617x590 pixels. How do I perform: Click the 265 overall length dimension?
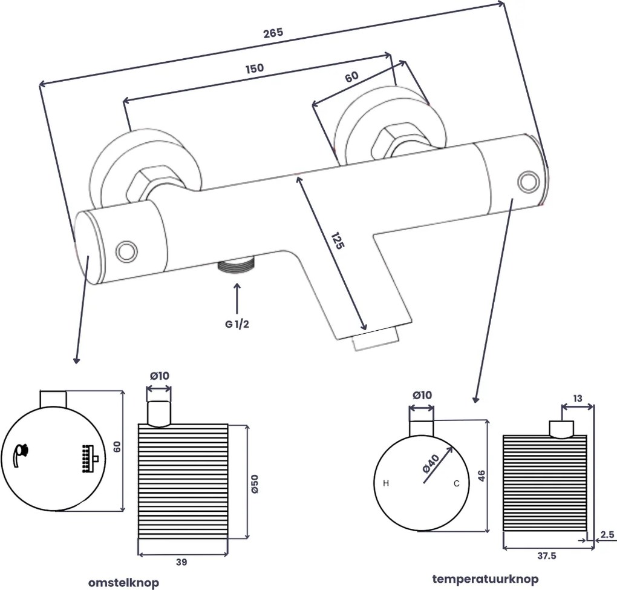point(273,33)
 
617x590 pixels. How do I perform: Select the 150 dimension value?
point(255,68)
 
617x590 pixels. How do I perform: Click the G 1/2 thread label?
point(237,324)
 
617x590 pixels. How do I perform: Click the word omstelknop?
point(123,582)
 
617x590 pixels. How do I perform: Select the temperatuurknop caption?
point(485,578)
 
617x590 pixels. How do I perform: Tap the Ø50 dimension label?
point(255,482)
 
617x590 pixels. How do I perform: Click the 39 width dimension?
point(181,562)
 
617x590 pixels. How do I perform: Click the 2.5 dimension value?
point(608,534)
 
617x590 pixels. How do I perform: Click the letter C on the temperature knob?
point(457,483)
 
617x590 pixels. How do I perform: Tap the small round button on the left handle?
point(127,250)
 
